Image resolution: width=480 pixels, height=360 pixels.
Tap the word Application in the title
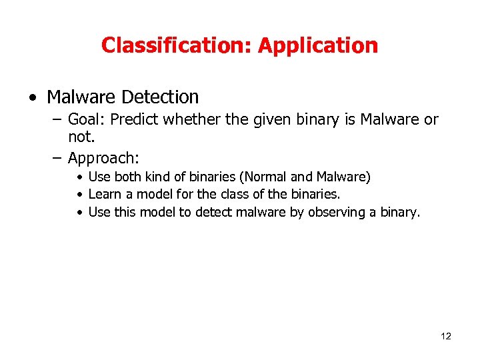318,45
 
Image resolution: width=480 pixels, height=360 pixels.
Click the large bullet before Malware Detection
33,98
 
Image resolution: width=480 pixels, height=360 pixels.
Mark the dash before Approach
56,158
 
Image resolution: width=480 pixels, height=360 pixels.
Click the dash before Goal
56,119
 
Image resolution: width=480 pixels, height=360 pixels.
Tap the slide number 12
446,336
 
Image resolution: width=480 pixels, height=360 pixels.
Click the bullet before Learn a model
79,195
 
